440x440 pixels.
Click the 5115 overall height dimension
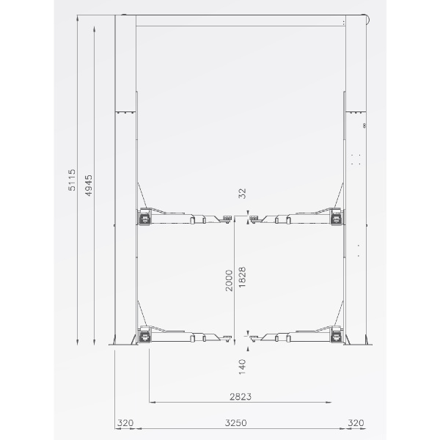72,180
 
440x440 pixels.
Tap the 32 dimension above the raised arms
243,194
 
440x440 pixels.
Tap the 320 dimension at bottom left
125,423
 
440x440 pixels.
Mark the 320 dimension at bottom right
356,423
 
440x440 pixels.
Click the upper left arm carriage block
144,217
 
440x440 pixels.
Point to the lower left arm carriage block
144,337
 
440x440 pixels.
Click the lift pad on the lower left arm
225,336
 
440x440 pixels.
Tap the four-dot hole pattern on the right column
356,159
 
